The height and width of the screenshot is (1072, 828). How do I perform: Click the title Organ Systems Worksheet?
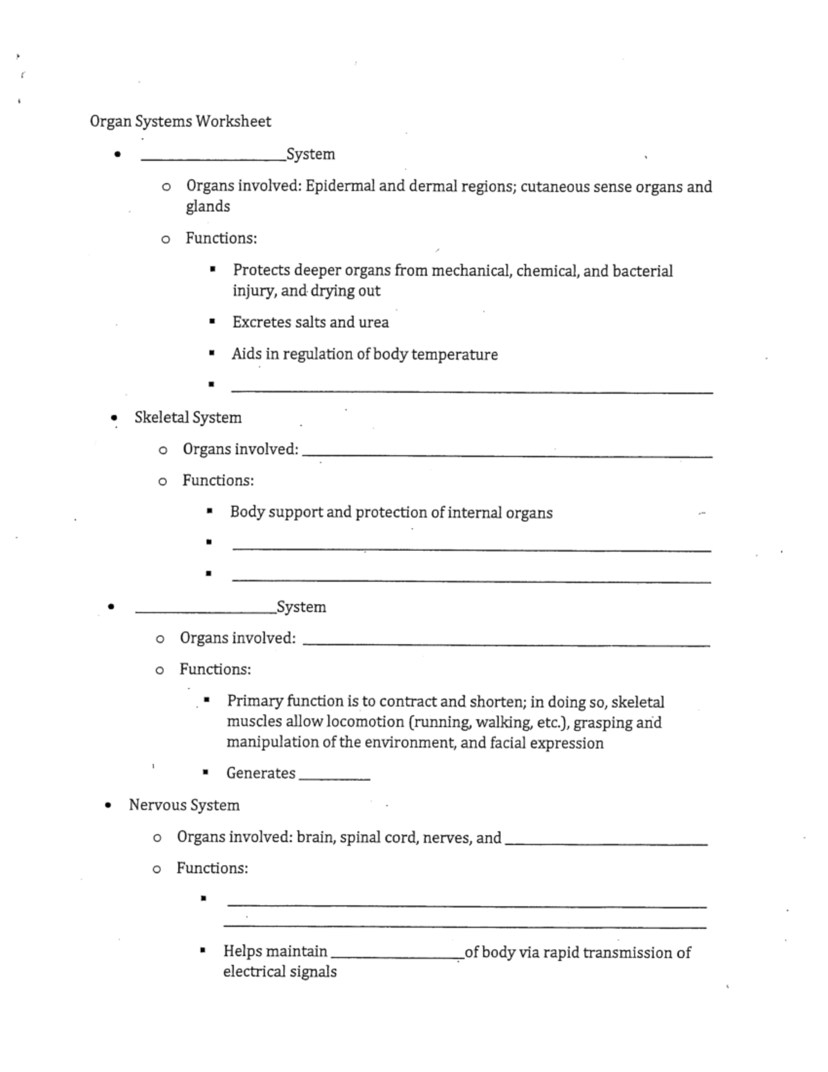[x=180, y=121]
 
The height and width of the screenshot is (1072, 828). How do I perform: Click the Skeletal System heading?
[x=188, y=418]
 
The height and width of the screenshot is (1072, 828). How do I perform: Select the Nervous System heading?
[x=184, y=805]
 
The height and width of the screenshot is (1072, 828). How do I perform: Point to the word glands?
[x=208, y=206]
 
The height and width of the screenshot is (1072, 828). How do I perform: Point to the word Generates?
[x=261, y=773]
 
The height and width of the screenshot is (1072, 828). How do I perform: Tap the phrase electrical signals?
[x=279, y=972]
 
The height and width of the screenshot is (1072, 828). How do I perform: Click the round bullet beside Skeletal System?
[x=115, y=418]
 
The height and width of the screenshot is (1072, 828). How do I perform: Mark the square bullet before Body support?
[x=208, y=512]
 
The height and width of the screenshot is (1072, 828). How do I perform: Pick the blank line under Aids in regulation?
[x=472, y=391]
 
